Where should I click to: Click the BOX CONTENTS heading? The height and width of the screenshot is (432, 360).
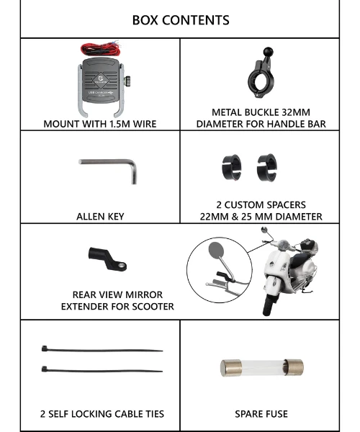(181, 20)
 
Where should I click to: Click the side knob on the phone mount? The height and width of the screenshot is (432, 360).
(127, 81)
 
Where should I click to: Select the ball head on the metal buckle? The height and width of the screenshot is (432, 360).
(268, 52)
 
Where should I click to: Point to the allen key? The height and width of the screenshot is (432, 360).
(110, 162)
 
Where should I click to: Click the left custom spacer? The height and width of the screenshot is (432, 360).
(231, 167)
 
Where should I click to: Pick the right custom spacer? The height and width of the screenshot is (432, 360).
(267, 167)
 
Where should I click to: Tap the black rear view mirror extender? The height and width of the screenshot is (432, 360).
(107, 258)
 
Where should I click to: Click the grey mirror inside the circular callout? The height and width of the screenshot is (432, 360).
(216, 251)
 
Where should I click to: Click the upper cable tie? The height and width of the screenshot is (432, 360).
(102, 350)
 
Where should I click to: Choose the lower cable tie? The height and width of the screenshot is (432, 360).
(102, 370)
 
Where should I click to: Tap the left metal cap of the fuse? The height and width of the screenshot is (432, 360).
(231, 368)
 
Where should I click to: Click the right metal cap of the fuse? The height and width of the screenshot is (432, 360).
(294, 367)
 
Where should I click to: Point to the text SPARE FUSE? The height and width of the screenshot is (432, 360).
(261, 414)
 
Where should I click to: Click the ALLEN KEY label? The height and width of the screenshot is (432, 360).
(100, 217)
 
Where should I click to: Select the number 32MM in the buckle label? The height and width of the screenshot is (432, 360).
(295, 112)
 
